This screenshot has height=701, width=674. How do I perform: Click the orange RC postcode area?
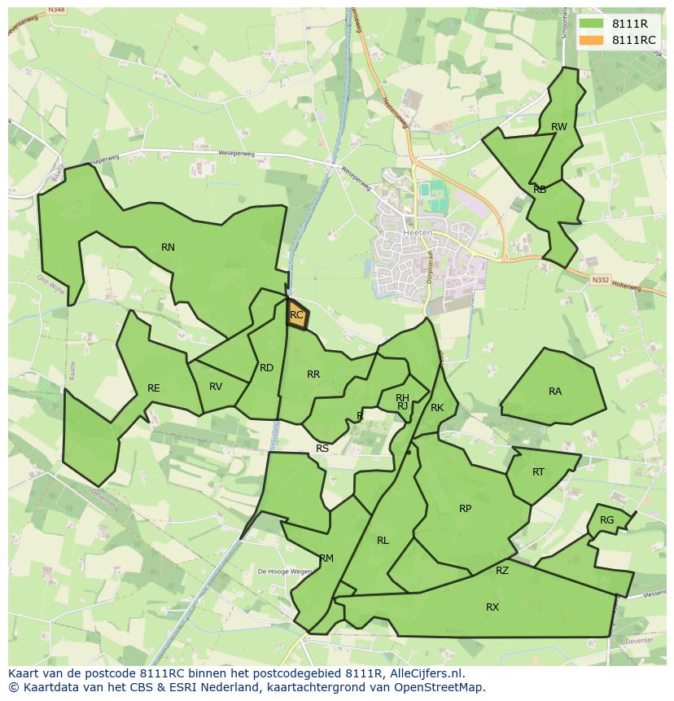pos(296,314)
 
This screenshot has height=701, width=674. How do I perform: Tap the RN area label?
pos(168,248)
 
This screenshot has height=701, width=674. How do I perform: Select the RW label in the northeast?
pos(558,127)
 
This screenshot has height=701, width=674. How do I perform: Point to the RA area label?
pos(555,392)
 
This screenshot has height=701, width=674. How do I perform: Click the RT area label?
pos(538,472)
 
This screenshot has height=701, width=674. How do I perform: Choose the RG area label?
pos(606,520)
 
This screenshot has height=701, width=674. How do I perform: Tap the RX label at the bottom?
pos(492,607)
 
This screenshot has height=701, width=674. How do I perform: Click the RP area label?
pos(465,509)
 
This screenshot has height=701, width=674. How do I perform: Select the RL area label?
pos(383,541)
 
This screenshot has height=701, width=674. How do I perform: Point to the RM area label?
pos(326,559)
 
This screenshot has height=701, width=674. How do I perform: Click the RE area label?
pos(154,388)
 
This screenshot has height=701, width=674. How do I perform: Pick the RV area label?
pos(216,387)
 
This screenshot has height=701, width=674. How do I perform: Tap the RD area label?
pos(266,368)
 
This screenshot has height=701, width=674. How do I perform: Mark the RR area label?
pos(313,375)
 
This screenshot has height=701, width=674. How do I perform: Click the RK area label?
pos(437,408)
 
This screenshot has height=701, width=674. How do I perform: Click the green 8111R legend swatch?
pos(591,24)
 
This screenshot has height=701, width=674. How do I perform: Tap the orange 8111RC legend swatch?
pos(591,40)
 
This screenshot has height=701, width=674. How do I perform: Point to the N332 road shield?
pos(601,279)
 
